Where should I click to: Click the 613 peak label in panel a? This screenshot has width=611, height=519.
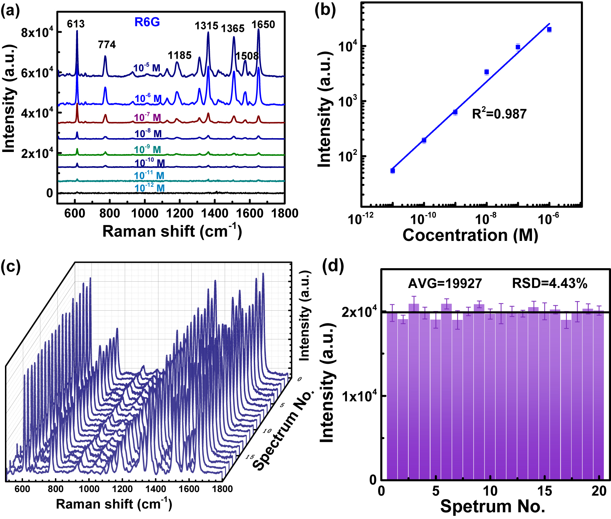[x=76, y=24]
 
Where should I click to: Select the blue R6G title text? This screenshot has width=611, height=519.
[x=147, y=22]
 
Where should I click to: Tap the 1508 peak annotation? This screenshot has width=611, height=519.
[x=247, y=56]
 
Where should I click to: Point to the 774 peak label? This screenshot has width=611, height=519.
[x=107, y=45]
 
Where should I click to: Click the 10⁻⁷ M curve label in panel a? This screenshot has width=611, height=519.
[x=147, y=117]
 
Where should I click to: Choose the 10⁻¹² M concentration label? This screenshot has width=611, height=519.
[x=150, y=188]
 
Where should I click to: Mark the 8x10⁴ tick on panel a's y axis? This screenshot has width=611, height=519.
[x=37, y=32]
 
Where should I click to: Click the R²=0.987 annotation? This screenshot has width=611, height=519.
[x=499, y=114]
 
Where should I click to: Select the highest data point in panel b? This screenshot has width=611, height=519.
[x=549, y=29]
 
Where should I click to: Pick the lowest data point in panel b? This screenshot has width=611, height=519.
[x=393, y=171]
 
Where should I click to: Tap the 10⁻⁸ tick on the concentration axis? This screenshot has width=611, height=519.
[x=485, y=219]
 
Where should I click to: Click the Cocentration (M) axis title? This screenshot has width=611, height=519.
[x=470, y=235]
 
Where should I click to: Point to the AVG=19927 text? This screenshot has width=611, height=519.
[x=445, y=283]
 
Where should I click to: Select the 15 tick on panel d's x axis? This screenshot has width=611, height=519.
[x=544, y=491]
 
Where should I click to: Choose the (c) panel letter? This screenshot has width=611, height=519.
[x=11, y=266]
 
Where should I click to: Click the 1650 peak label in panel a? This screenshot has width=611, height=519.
[x=263, y=24]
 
